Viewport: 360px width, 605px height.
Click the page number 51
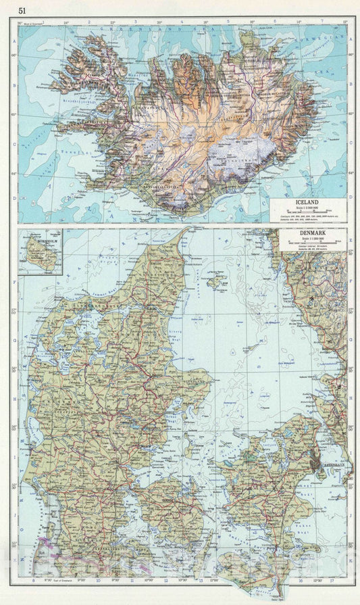(x=22, y=10)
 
